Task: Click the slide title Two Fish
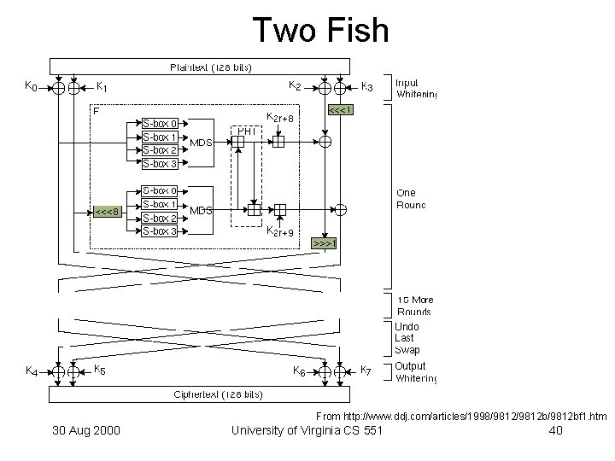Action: [x=320, y=31]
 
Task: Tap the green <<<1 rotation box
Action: [x=341, y=110]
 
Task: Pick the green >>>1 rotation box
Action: [x=325, y=243]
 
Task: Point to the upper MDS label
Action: [x=201, y=143]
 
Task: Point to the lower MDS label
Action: [x=201, y=211]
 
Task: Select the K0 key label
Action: [x=30, y=85]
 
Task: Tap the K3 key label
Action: [x=366, y=85]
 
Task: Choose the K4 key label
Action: [x=30, y=371]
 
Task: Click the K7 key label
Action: [x=366, y=371]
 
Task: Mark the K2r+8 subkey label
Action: [x=280, y=118]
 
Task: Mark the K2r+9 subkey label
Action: [x=280, y=231]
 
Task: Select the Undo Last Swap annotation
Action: [x=407, y=338]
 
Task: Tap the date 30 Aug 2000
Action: [x=85, y=430]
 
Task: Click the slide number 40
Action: [x=554, y=430]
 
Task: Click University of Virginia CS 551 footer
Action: [x=307, y=430]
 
